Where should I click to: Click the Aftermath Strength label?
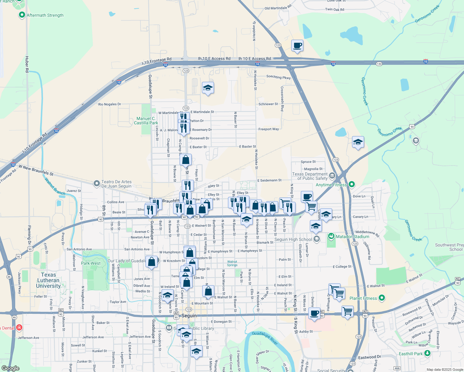pos(45,15)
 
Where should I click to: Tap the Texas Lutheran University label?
pos(48,280)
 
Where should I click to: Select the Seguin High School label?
pos(293,239)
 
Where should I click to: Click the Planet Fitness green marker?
pos(382,298)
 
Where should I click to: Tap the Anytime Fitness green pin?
pos(351,184)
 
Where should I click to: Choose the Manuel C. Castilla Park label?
pos(146,121)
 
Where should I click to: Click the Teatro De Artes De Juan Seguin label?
pos(116,184)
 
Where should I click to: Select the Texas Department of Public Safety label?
pos(310,176)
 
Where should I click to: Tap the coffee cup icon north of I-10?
pos(297,46)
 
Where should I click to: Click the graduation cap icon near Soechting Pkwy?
pos(207,88)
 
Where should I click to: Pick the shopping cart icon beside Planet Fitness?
pos(339,293)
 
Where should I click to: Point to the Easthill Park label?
pos(411,354)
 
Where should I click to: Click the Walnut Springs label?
pos(232,263)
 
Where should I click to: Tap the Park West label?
pos(91,263)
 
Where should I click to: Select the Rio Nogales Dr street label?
pos(109,104)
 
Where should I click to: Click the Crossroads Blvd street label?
pos(282,99)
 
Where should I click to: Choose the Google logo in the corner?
pos(11,368)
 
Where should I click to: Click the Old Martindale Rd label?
pos(278,7)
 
